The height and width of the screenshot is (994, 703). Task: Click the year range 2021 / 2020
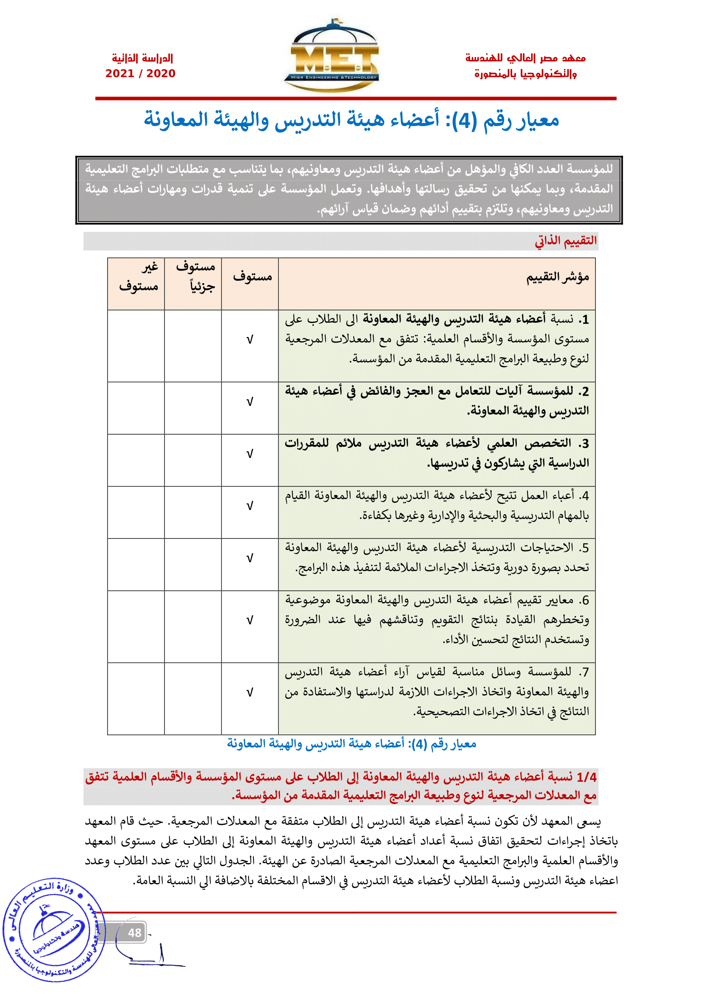pos(140,74)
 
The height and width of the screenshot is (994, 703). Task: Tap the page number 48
pos(135,933)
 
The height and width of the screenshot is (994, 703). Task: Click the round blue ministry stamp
pos(54,930)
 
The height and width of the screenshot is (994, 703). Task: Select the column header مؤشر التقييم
pos(558,277)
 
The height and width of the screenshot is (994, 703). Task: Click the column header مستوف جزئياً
pos(195,277)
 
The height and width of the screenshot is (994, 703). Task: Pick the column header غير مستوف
pos(139,277)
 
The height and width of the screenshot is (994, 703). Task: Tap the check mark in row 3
pos(250,454)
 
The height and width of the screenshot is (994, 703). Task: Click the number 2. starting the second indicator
pos(584,392)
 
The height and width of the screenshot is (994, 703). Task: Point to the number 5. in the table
pos(584,548)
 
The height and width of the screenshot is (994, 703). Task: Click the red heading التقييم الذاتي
pos(566,241)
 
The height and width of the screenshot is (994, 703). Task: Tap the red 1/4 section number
pos(587,777)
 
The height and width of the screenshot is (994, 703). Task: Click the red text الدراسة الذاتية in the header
pos(142,58)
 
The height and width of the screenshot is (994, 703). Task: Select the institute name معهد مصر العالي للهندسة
pos(525,58)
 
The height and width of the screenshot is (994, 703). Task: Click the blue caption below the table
pos(351,744)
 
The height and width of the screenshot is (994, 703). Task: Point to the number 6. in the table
pos(584,600)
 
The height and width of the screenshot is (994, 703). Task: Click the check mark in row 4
pos(250,506)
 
